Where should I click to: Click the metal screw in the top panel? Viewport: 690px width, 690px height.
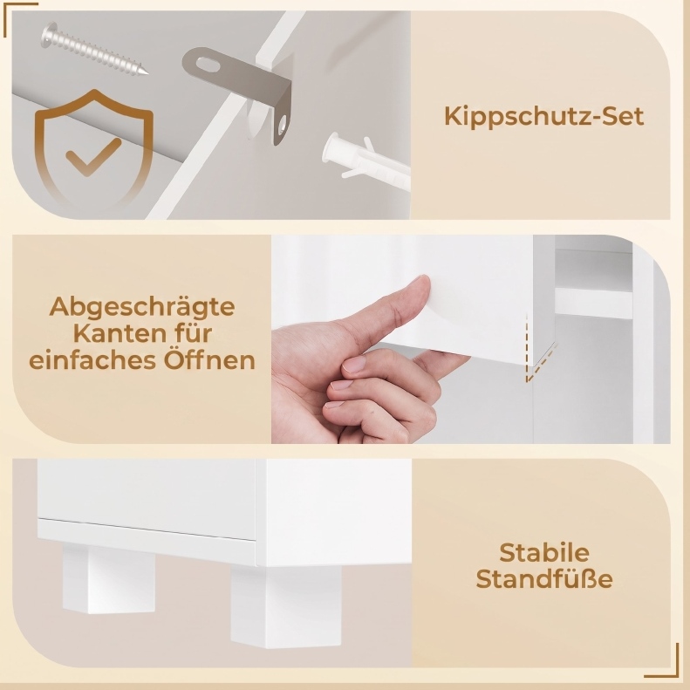(x=94, y=50)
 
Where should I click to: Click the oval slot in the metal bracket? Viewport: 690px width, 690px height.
(x=208, y=66)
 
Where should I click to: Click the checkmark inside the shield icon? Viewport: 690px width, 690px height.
(x=93, y=157)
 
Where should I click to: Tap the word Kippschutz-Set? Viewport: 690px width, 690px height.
(x=544, y=116)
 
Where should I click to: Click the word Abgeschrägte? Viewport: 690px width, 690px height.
(x=141, y=307)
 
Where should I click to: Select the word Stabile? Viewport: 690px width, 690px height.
(x=544, y=552)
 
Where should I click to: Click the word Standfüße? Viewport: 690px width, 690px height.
(x=544, y=578)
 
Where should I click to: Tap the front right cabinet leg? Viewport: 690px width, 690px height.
(x=286, y=606)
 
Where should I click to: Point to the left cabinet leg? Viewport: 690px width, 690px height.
(x=109, y=577)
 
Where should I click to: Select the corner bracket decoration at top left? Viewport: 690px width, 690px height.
(x=20, y=19)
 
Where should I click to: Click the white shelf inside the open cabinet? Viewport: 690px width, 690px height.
(x=594, y=303)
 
